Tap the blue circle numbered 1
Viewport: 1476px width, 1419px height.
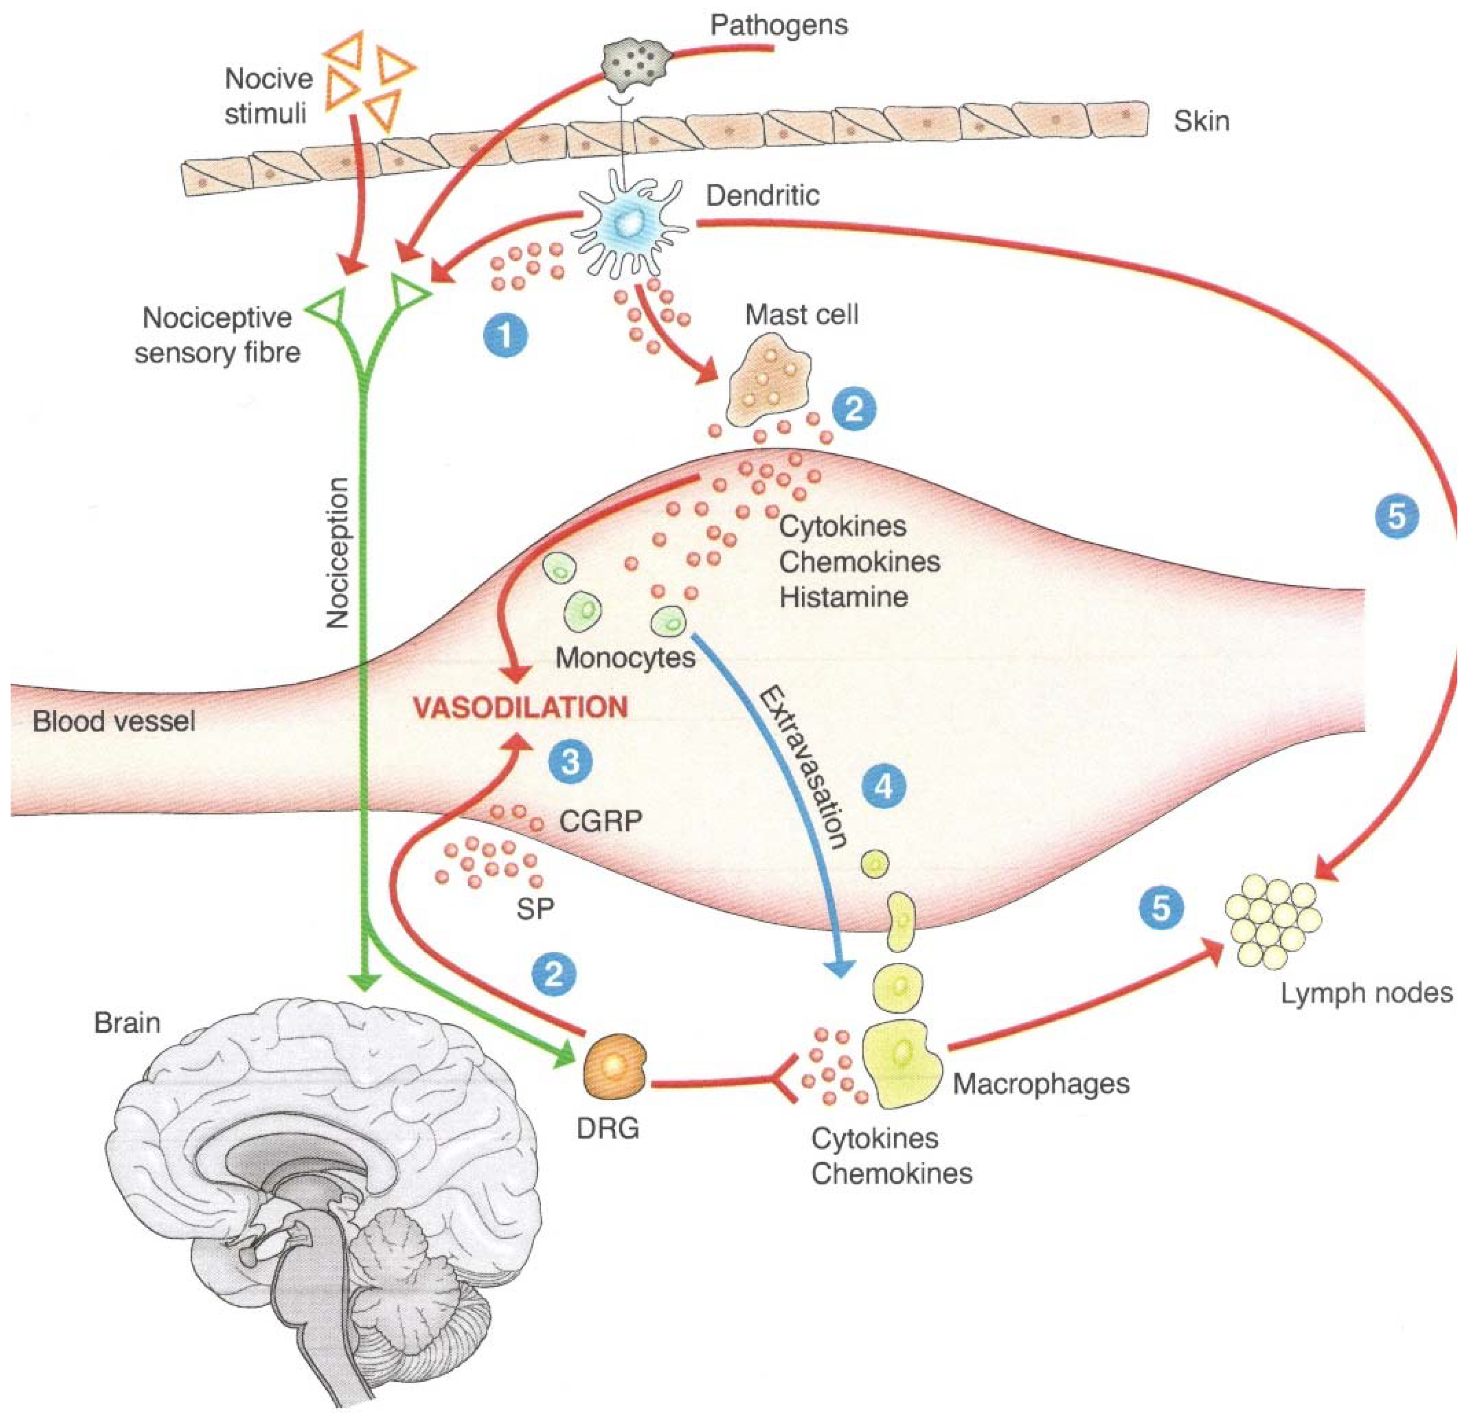tap(505, 334)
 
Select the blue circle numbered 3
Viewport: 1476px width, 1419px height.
tap(570, 761)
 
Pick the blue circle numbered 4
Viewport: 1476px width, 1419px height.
tap(883, 787)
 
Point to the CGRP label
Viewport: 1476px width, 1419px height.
tap(600, 821)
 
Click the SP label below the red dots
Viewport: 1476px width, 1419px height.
tap(536, 909)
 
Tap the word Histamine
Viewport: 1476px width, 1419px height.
tap(843, 597)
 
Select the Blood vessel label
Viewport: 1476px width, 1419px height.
tap(114, 722)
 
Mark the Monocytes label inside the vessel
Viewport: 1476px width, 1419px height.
tap(625, 658)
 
